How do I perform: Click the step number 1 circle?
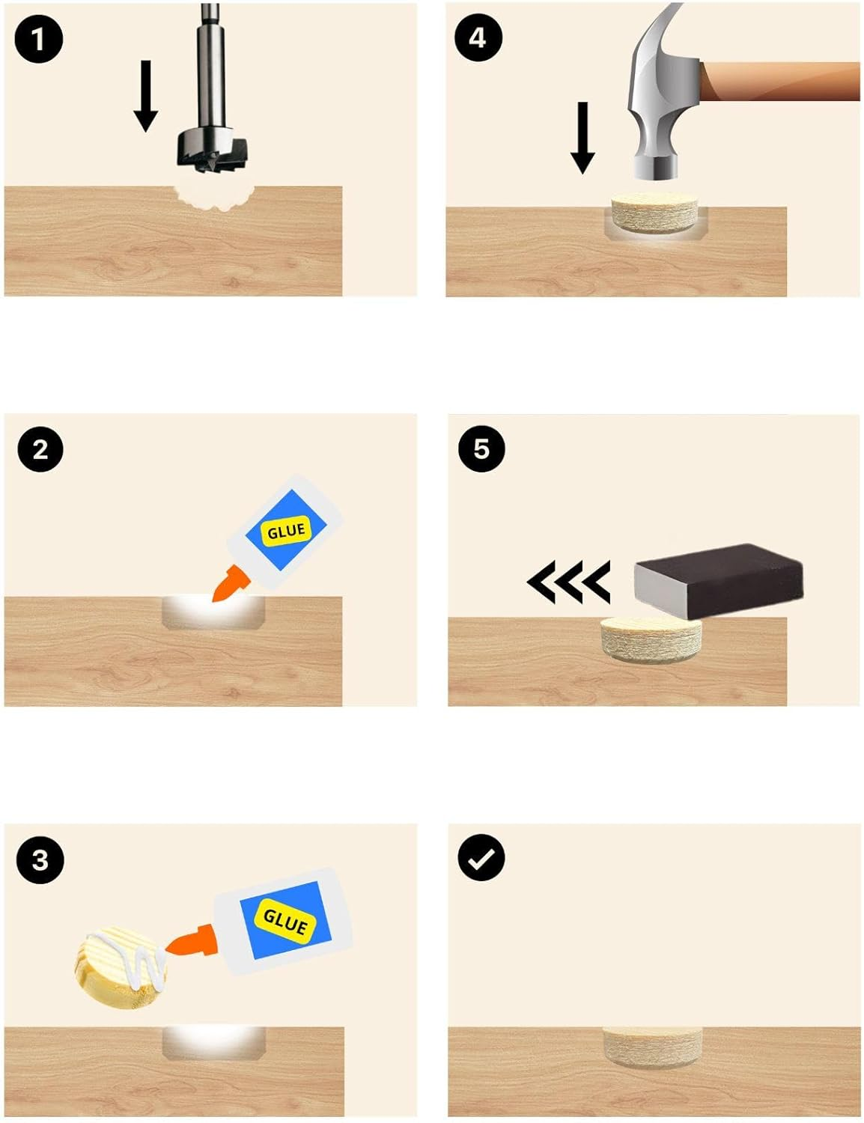click(39, 39)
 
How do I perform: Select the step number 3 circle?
click(40, 860)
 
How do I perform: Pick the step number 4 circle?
click(478, 38)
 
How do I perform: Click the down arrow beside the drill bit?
click(146, 96)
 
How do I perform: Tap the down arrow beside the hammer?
click(582, 138)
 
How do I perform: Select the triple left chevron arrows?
click(568, 582)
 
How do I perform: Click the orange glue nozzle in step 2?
click(231, 584)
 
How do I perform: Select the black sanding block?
click(718, 581)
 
